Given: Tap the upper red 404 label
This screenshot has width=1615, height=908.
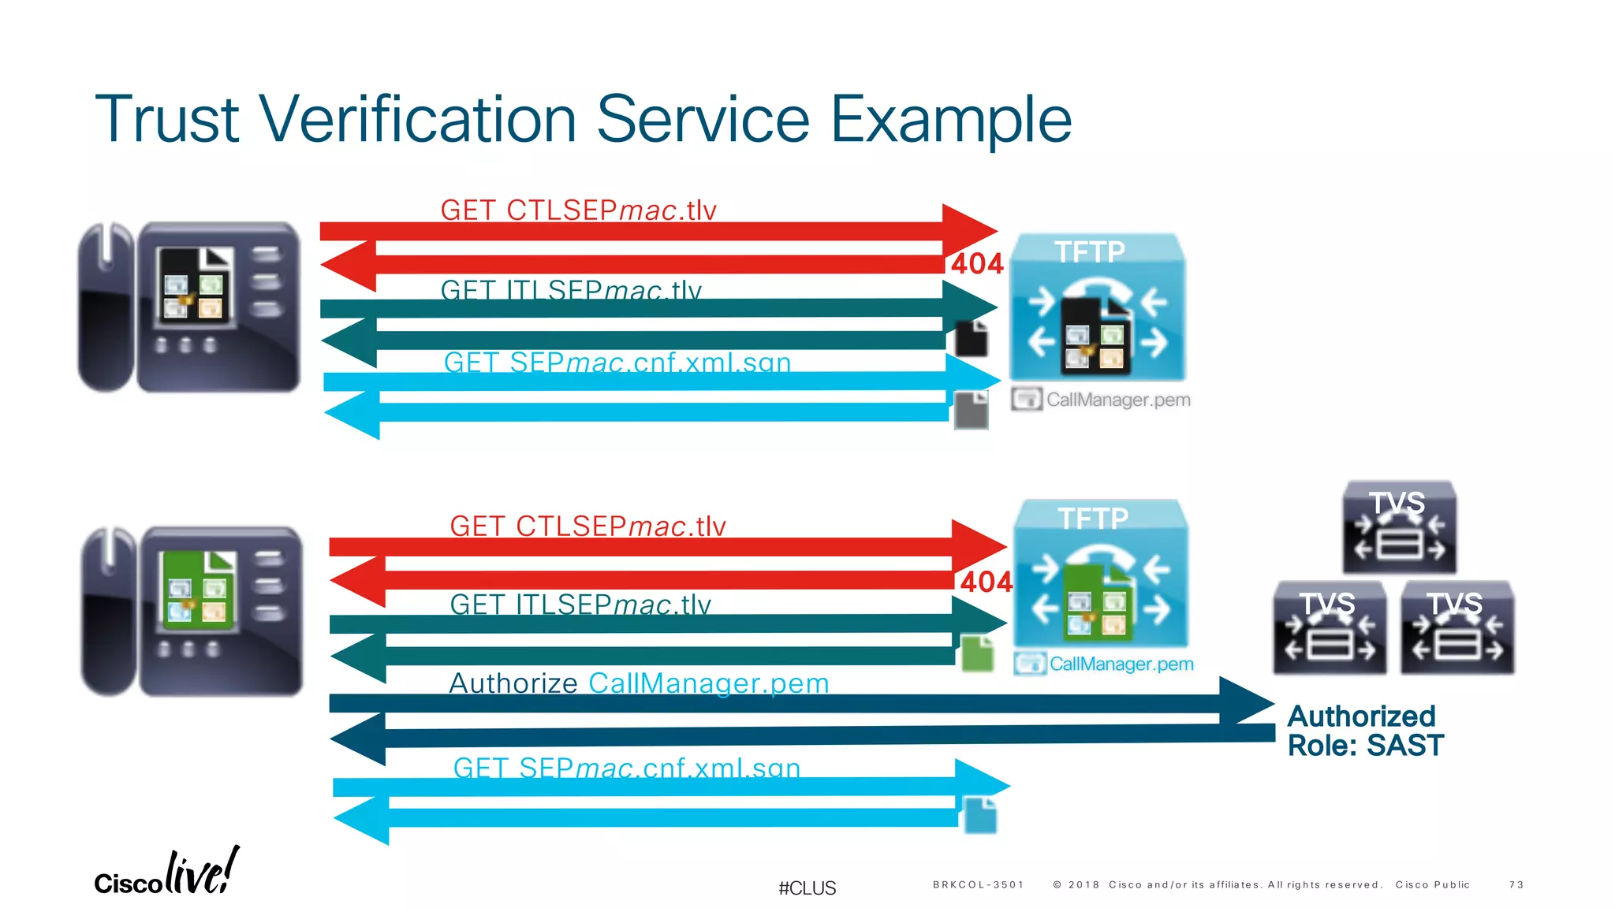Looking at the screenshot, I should [976, 263].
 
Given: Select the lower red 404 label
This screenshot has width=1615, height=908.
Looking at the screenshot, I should [986, 582].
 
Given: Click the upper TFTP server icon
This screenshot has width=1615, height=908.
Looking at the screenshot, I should [1098, 307].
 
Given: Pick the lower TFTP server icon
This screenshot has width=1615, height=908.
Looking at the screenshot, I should [1101, 574].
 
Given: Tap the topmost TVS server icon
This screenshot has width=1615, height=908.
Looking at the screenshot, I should [1400, 527].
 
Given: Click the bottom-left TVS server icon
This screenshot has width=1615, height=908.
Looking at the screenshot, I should [1330, 628].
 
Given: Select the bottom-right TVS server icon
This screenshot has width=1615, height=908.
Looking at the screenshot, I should [1457, 628].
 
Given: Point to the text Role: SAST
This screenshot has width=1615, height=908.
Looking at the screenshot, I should [1365, 746].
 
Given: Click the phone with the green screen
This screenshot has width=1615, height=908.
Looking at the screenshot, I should [192, 612].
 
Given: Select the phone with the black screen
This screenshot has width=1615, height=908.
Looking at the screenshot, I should [189, 307].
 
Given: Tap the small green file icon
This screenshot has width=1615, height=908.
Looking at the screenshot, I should [978, 653].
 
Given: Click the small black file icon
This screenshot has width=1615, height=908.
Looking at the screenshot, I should [972, 339].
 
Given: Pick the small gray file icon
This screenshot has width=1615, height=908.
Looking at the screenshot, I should [972, 411].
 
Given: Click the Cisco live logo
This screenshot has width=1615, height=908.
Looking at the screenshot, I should [166, 873].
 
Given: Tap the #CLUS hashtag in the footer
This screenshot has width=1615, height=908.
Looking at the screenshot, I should [807, 888].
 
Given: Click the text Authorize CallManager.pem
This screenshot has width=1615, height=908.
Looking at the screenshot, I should [639, 683].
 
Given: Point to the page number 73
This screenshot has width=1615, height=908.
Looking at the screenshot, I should [1516, 885].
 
